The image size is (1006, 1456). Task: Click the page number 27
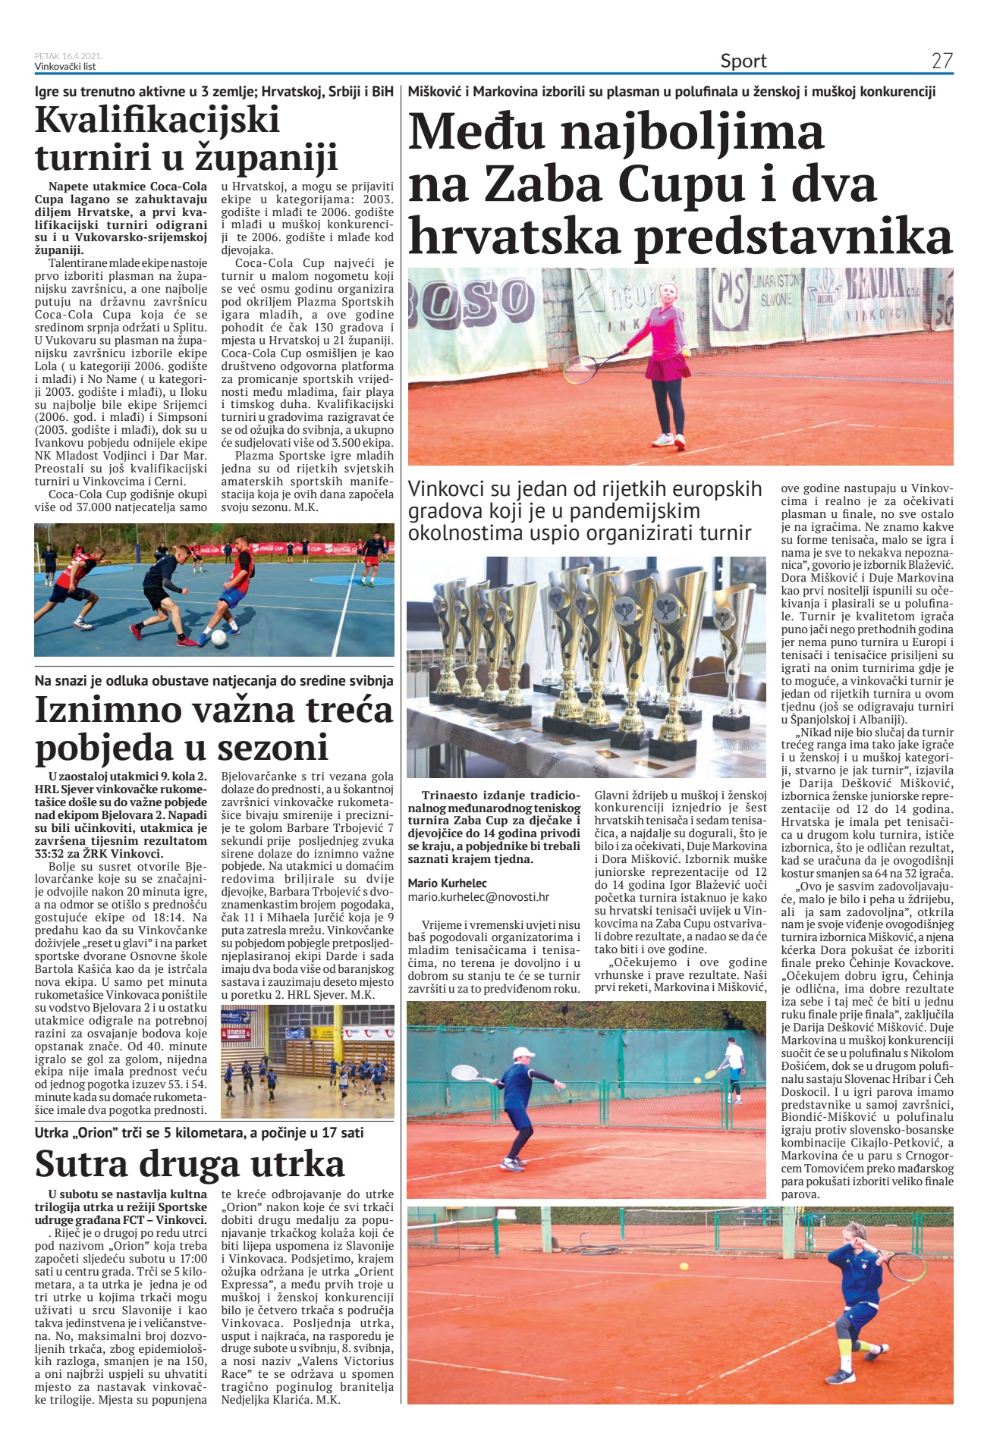942,61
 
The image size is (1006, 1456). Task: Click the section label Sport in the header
743,61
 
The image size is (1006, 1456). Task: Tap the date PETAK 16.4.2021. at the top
68,56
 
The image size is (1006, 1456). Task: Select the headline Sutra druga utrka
190,1163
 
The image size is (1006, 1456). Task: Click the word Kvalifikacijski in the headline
158,120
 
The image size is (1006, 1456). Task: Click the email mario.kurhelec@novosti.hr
478,897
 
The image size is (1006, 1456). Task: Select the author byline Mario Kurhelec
448,883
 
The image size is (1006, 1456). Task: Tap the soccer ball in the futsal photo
218,639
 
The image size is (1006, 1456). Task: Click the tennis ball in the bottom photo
684,1266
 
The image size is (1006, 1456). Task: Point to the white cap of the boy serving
523,1053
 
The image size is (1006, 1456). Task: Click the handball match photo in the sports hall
307,1061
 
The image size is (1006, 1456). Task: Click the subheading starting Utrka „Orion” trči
199,1133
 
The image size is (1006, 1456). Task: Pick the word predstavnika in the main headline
793,237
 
